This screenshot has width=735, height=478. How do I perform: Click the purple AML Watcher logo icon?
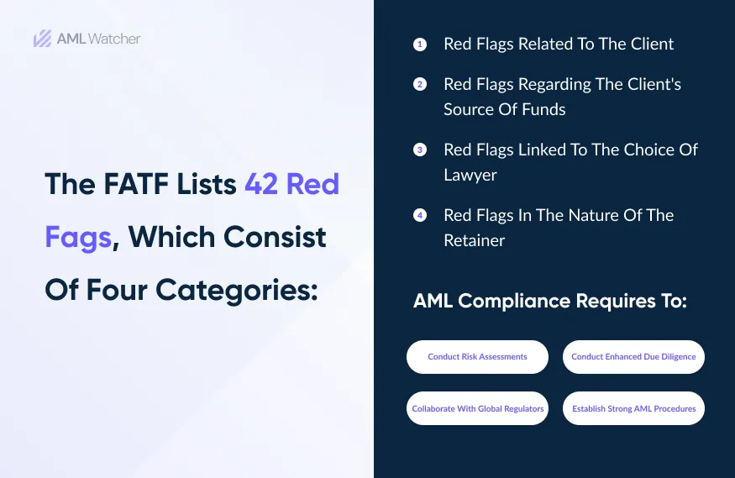(x=43, y=39)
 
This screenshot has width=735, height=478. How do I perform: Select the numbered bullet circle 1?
(x=420, y=44)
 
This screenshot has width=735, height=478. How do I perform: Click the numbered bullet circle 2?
(x=420, y=84)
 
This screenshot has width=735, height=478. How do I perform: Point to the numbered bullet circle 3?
(x=420, y=150)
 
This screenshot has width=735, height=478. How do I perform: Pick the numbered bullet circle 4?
(x=420, y=215)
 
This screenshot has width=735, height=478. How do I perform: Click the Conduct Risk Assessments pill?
(x=477, y=357)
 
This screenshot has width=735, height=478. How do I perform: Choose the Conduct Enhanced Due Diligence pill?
(x=633, y=357)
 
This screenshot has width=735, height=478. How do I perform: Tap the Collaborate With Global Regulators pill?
(x=477, y=409)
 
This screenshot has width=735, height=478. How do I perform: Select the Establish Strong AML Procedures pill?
(x=633, y=409)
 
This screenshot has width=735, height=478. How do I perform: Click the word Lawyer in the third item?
(x=470, y=175)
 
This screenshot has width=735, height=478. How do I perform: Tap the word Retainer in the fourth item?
(x=475, y=240)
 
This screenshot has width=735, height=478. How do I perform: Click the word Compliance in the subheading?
(x=522, y=301)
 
